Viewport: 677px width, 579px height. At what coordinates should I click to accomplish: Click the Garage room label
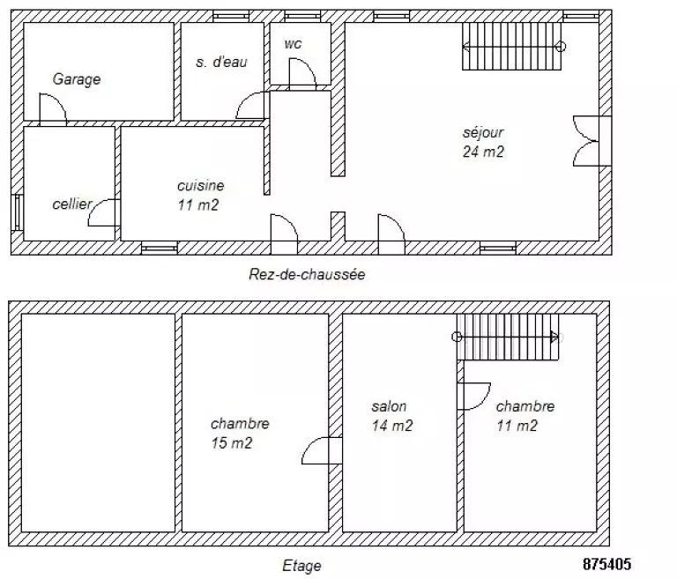click(x=77, y=79)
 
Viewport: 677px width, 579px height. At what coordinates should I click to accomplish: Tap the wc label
click(x=294, y=43)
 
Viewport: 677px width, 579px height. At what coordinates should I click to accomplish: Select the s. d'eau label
click(x=221, y=62)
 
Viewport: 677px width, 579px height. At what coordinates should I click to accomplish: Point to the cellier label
click(x=72, y=204)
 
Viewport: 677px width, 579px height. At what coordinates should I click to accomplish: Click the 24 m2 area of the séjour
click(x=483, y=152)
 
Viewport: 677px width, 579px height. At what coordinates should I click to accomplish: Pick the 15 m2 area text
click(x=232, y=443)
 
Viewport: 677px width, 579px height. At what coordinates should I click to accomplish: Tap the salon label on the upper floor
click(x=389, y=406)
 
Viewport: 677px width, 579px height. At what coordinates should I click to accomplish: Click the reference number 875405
click(x=607, y=564)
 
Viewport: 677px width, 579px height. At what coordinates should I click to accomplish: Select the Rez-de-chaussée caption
click(x=307, y=274)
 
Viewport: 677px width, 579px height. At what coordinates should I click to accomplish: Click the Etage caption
click(x=301, y=566)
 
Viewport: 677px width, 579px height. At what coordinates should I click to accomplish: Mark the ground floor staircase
click(x=511, y=46)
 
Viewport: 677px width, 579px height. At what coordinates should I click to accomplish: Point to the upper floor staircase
click(x=508, y=337)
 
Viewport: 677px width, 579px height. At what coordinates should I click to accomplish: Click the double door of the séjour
click(x=586, y=141)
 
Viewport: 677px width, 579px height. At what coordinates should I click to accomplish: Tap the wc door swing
click(x=302, y=73)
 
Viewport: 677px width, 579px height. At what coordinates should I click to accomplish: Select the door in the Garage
click(x=53, y=108)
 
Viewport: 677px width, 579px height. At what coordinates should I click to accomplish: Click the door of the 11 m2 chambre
click(x=474, y=396)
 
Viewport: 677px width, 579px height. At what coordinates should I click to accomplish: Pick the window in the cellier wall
click(x=18, y=212)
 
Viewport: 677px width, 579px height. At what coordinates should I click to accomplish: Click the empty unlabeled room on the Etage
click(x=98, y=423)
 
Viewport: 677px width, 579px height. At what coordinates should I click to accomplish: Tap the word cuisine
click(x=201, y=186)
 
